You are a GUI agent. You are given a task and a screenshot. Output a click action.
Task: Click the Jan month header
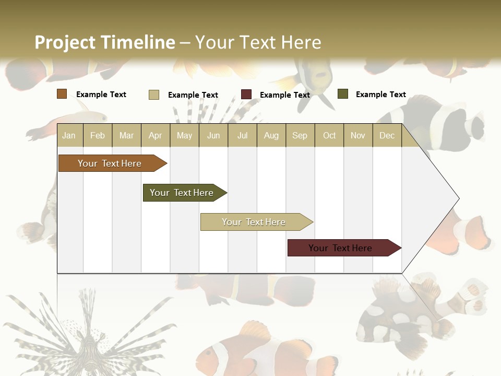pyautogui.click(x=69, y=135)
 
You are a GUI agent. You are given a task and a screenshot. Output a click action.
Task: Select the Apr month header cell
pyautogui.click(x=156, y=135)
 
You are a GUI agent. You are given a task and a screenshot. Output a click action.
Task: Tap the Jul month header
pyautogui.click(x=242, y=135)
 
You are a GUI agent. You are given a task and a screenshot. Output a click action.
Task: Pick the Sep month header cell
pyautogui.click(x=300, y=135)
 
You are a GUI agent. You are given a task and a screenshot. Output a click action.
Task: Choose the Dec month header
pyautogui.click(x=387, y=135)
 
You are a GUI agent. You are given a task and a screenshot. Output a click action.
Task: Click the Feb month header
pyautogui.click(x=98, y=135)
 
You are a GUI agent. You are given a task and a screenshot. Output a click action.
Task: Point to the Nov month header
pyautogui.click(x=358, y=135)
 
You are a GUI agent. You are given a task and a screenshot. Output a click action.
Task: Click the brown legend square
pyautogui.click(x=62, y=94)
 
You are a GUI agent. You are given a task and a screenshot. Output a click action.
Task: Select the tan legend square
pyautogui.click(x=154, y=95)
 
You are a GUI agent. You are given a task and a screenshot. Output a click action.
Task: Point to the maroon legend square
pyautogui.click(x=246, y=95)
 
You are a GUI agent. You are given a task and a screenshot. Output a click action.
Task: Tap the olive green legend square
pyautogui.click(x=343, y=94)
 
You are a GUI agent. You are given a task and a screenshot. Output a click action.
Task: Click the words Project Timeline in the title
pyautogui.click(x=104, y=42)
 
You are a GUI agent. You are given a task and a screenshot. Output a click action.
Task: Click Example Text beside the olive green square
pyautogui.click(x=380, y=95)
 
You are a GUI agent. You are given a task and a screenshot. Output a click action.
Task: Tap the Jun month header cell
pyautogui.click(x=213, y=135)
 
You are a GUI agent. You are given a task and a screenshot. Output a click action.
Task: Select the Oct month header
pyautogui.click(x=329, y=135)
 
